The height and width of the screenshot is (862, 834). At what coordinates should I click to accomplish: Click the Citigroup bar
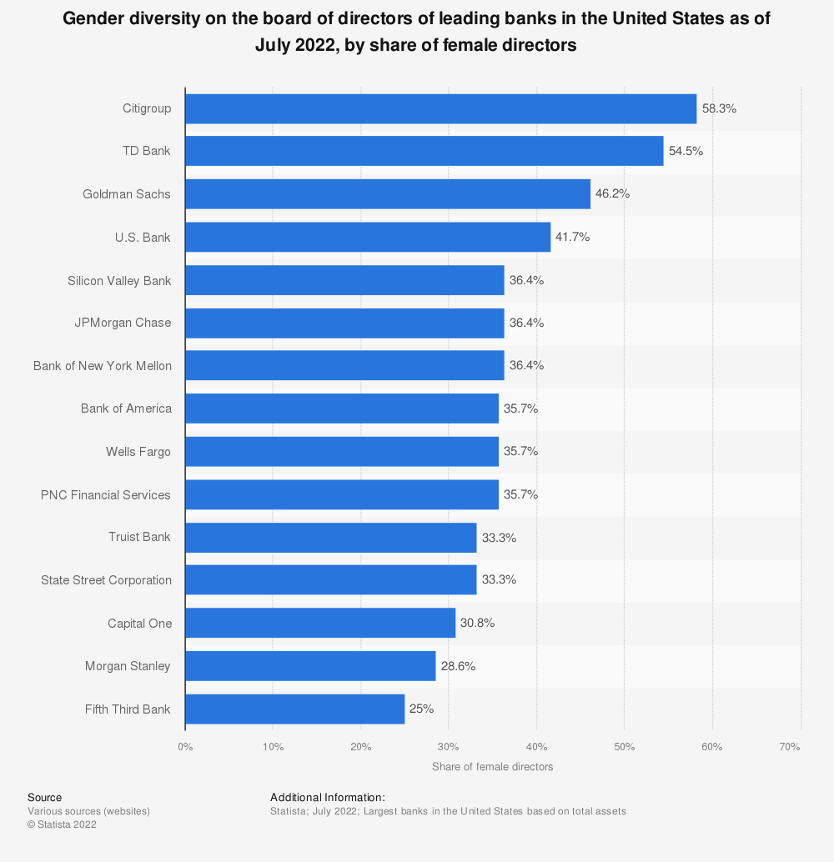[440, 108]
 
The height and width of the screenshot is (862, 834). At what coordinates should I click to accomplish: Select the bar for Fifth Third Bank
[294, 709]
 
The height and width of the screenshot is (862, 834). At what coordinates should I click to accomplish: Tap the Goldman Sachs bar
[387, 194]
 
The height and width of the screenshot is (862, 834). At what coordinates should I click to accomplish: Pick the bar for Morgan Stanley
[310, 666]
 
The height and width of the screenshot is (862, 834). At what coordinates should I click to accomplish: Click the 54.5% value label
[686, 152]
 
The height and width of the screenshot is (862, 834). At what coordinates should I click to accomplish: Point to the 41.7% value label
[573, 238]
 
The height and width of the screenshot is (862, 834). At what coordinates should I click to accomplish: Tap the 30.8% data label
[478, 624]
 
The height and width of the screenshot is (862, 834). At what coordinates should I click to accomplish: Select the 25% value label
[421, 709]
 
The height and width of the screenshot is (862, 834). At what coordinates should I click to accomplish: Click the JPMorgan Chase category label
[123, 323]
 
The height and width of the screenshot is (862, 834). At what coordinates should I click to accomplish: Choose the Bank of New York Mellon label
[103, 365]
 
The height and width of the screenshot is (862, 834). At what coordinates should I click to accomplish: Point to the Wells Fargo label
[138, 451]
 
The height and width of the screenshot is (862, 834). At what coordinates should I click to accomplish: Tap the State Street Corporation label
[106, 580]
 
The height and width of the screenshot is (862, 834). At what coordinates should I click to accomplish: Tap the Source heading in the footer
[44, 798]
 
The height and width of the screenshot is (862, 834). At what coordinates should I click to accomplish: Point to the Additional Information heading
[327, 798]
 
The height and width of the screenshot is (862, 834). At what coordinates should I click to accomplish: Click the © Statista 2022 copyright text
[62, 824]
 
